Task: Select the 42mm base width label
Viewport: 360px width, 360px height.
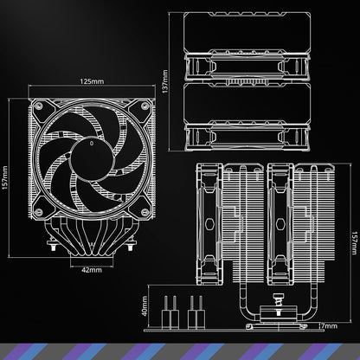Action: tap(92, 269)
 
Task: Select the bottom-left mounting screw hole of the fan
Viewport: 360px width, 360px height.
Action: tap(42, 205)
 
